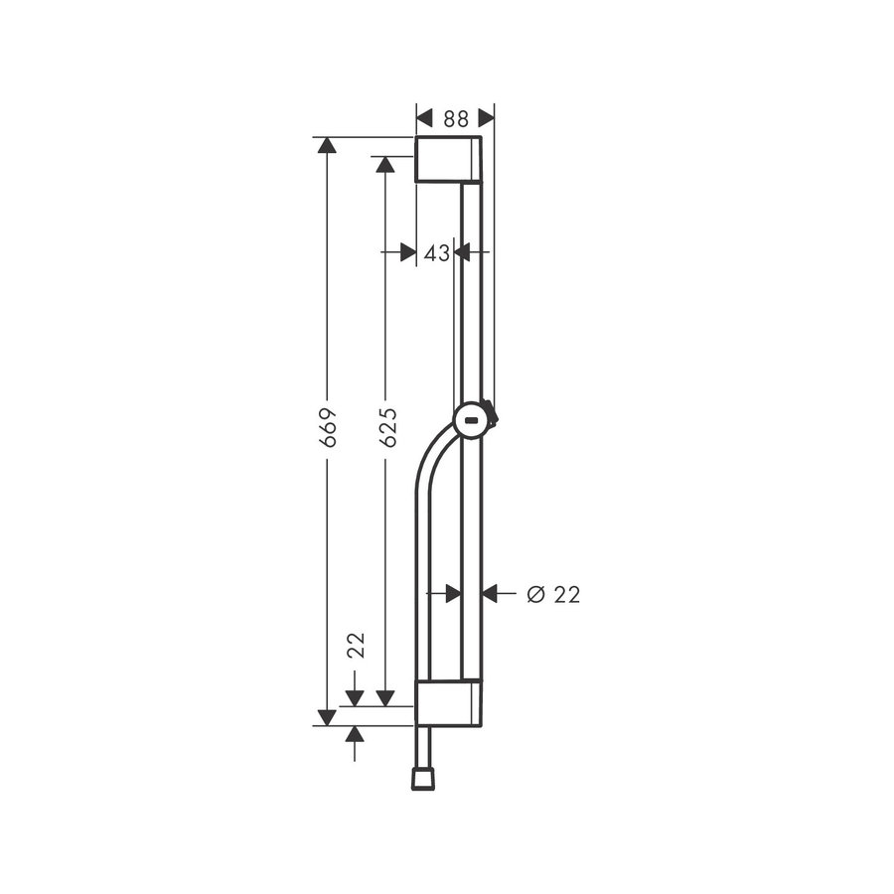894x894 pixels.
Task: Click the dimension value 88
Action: (x=455, y=118)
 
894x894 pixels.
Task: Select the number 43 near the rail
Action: (x=436, y=253)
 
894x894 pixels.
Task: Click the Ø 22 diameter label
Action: (x=553, y=594)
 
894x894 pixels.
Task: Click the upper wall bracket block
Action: (x=448, y=160)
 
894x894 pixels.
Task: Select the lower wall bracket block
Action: (x=448, y=704)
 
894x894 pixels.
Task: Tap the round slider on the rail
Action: (x=473, y=421)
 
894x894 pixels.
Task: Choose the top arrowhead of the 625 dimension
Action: (x=385, y=164)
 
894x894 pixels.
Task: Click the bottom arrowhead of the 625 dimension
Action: (x=385, y=697)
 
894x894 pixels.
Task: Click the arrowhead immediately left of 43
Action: (x=407, y=253)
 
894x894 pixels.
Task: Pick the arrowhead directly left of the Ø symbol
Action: (x=491, y=594)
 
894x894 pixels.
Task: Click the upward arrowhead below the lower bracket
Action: (x=355, y=734)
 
